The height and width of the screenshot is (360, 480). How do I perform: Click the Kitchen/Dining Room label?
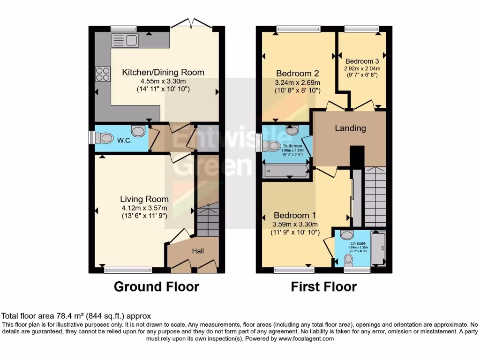click(163, 72)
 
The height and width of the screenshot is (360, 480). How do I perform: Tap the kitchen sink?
click(125, 41)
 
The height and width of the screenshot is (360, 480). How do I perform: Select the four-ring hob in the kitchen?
click(103, 74)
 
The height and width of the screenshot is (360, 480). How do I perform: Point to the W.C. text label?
click(124, 140)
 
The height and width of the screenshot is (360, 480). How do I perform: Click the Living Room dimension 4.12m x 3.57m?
click(144, 208)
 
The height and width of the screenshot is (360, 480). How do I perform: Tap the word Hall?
click(198, 252)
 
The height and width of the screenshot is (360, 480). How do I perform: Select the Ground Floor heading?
click(157, 286)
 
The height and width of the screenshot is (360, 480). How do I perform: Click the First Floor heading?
click(324, 286)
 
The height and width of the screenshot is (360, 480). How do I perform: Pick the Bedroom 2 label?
click(297, 74)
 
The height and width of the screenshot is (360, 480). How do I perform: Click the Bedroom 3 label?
click(362, 61)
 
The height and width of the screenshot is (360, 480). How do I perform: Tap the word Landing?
click(350, 128)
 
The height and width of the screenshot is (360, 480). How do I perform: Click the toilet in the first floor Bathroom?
click(273, 146)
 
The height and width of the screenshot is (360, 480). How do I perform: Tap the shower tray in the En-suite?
click(378, 248)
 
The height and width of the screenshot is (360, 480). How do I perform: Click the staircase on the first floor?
click(375, 197)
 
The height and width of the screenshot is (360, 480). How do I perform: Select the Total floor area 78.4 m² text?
click(76, 316)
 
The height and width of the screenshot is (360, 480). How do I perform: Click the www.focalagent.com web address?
click(306, 338)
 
